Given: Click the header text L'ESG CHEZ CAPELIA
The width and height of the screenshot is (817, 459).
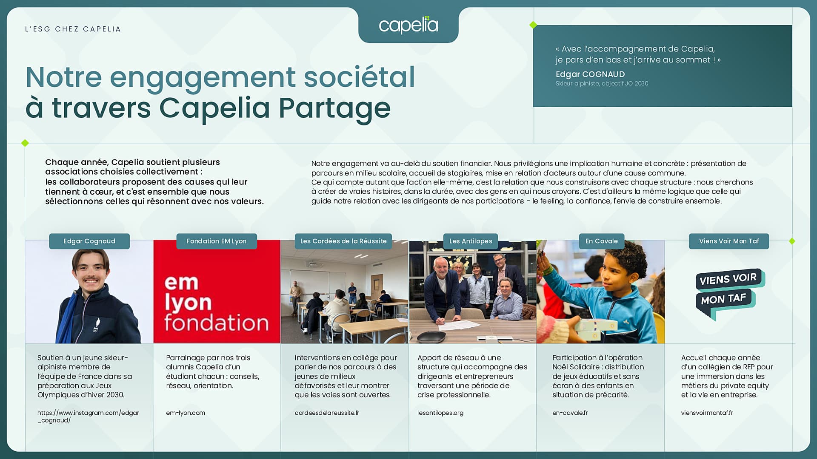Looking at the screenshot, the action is point(73,29).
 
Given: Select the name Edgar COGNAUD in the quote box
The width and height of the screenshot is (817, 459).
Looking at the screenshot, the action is point(590,74).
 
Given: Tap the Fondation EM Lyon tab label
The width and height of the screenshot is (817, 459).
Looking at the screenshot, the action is point(217,241).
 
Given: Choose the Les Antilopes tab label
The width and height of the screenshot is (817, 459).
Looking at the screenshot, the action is point(471,241).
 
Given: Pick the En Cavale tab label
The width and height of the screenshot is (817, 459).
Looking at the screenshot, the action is point(602,241).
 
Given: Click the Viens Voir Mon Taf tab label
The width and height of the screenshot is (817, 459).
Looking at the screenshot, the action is point(729,241).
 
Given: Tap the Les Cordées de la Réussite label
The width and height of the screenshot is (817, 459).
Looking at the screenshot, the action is point(343,241).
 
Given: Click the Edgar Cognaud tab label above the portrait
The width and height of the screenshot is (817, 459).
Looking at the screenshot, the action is point(89,241).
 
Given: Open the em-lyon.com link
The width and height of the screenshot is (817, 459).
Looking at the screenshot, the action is point(186,413).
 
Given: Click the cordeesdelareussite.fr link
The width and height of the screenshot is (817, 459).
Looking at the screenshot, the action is point(327,413).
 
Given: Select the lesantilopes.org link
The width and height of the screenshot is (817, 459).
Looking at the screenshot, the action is point(440,413).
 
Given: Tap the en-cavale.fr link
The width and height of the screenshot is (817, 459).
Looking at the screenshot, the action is point(570,413).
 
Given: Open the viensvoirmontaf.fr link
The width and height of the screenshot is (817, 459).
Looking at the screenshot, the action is point(707,413).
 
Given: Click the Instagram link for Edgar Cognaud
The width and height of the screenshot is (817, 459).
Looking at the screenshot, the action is point(88,416).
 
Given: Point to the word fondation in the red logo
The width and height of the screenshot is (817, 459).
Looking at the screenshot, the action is point(217,323).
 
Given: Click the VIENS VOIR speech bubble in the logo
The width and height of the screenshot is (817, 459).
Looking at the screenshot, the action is point(730,279).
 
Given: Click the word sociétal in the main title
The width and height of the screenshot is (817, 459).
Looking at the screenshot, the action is point(359,77).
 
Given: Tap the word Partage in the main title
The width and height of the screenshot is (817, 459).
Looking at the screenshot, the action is point(334,108).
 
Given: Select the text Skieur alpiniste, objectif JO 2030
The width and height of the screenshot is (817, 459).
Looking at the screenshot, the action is point(602,84).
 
